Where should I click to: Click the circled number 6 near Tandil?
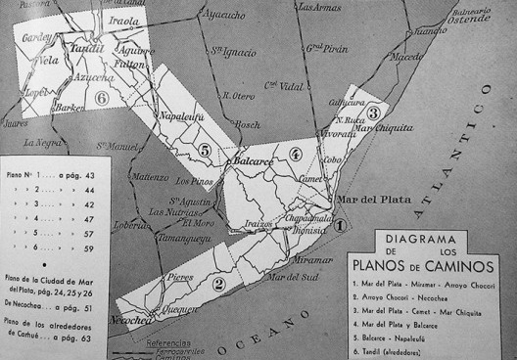102,98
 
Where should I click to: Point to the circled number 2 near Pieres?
220,284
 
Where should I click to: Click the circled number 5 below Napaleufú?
205,150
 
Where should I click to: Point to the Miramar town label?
312,261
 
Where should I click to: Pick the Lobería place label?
132,224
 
